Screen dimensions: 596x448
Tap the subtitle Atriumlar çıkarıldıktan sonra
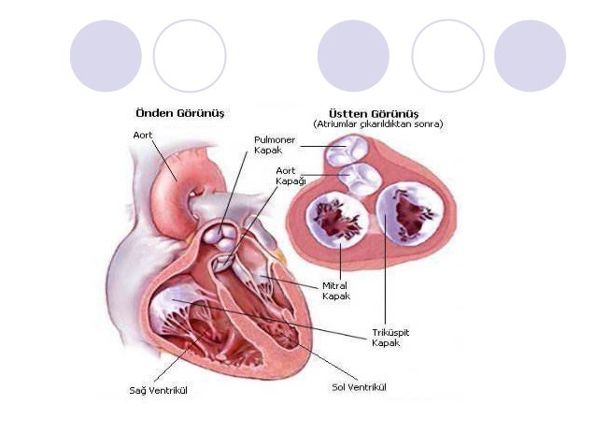tap(377, 123)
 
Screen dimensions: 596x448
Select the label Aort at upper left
tap(142, 135)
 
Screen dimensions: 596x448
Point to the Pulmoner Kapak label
tap(273, 145)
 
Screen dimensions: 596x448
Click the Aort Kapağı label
tap(291, 175)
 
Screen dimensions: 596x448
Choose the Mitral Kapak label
tap(337, 291)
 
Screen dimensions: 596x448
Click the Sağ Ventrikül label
tap(158, 390)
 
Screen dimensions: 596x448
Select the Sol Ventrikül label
tap(359, 386)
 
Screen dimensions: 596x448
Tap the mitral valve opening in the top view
tap(337, 218)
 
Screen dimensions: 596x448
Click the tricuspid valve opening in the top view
tap(407, 215)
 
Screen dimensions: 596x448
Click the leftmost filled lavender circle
tap(106, 56)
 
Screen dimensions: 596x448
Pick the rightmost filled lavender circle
tap(530, 56)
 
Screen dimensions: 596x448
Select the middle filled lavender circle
tap(353, 56)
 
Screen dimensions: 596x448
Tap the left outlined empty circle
tap(190, 56)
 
